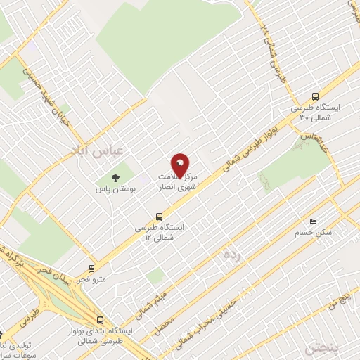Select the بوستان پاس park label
point(116,189)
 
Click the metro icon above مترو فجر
point(91,268)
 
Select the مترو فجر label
point(92,279)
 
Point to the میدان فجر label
point(56,271)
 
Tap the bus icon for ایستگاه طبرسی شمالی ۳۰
point(315,98)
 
